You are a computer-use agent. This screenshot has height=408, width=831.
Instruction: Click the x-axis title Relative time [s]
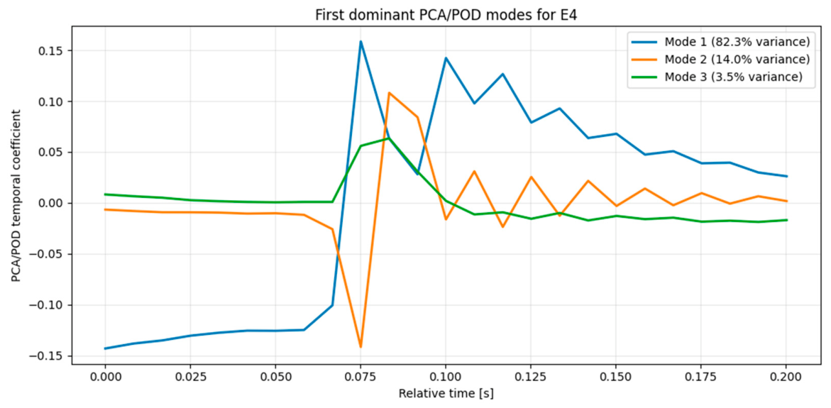pyautogui.click(x=446, y=395)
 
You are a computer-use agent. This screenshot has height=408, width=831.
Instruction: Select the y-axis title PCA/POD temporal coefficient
pyautogui.click(x=18, y=196)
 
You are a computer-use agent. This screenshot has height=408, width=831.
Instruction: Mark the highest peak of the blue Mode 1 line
pyautogui.click(x=361, y=41)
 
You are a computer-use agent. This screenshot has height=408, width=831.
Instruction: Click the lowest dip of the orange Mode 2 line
pyautogui.click(x=361, y=347)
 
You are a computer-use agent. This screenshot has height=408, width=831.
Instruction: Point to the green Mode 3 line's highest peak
pyautogui.click(x=389, y=138)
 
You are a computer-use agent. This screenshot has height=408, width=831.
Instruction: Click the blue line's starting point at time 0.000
pyautogui.click(x=105, y=348)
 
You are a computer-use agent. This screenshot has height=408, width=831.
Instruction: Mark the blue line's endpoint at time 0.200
pyautogui.click(x=786, y=177)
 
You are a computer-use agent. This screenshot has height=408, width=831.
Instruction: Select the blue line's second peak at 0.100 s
pyautogui.click(x=446, y=57)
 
